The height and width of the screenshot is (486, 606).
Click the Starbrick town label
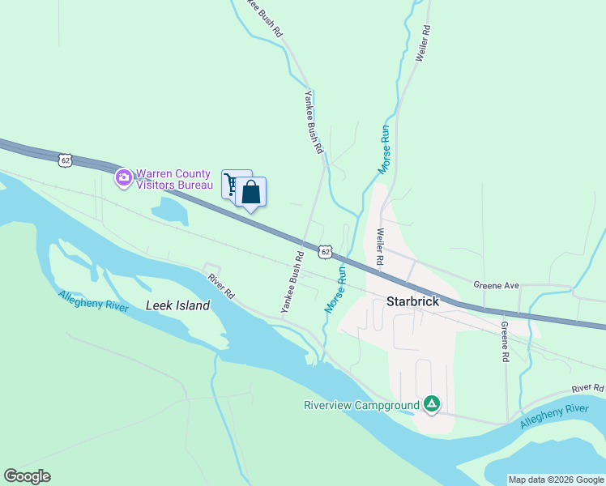412,301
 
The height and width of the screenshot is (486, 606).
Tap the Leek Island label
177,305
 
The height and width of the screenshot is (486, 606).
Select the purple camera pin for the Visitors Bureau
123,177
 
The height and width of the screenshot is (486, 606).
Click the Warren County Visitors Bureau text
173,179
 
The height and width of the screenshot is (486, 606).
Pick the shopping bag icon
251,192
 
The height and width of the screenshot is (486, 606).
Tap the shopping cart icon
232,185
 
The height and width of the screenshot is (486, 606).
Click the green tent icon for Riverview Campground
433,403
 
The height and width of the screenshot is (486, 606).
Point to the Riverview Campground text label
361,405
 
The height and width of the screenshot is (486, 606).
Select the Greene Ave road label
495,286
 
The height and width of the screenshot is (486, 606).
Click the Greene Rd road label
504,341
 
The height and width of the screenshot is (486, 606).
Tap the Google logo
27,476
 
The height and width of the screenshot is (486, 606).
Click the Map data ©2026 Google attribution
556,480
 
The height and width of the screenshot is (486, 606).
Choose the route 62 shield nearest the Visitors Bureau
66,160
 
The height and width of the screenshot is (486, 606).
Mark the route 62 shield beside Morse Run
325,252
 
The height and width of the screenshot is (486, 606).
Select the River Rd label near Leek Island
220,286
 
